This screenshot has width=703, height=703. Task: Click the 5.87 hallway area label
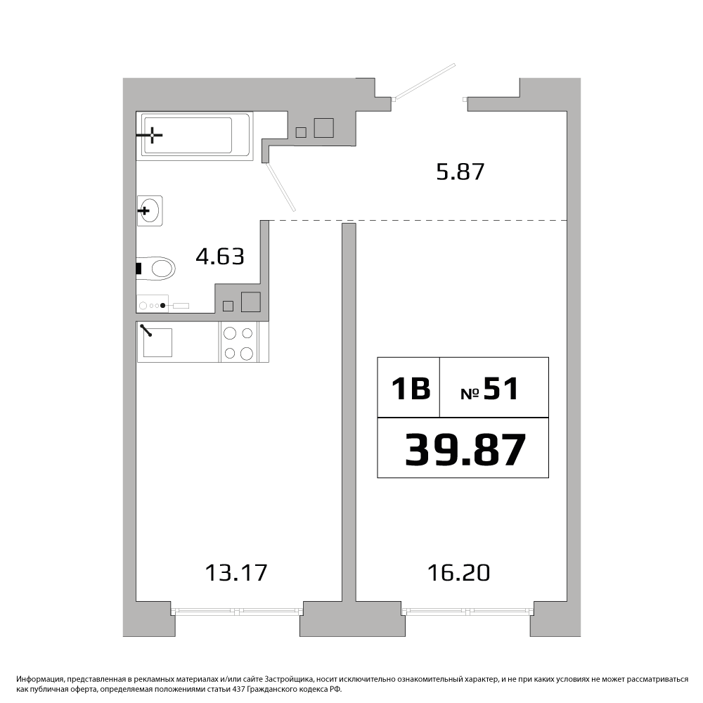pos(460,172)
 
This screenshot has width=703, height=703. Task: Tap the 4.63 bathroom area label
pos(220,257)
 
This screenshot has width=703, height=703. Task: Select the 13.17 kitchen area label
pos(236,572)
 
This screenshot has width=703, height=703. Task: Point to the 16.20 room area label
pos(458,572)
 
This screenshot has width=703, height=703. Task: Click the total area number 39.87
pos(465,450)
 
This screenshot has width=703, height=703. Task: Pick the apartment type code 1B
pos(411,388)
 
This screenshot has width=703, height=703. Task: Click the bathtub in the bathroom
pos(195,136)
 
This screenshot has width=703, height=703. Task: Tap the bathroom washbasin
pos(150,210)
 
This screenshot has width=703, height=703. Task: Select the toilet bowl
pos(155,269)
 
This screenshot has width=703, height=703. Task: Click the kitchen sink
pos(155,342)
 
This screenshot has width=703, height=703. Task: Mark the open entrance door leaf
pos(425,81)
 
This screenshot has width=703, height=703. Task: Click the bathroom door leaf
pos(281,186)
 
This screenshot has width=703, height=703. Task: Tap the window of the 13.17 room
pos(237,610)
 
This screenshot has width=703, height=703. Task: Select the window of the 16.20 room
pos(468,610)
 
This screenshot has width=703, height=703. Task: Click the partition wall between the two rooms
pos(349,413)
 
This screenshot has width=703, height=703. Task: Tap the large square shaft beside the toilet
pos(251,302)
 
